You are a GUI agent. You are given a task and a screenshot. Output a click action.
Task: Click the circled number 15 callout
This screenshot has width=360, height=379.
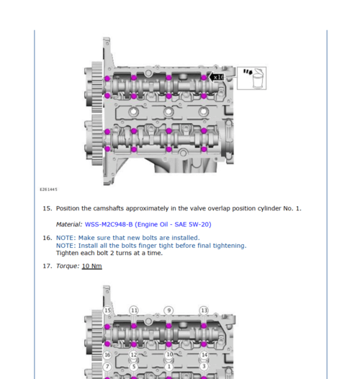[x=107, y=311]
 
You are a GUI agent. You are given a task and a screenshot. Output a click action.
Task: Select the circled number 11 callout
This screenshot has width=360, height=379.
[x=134, y=311]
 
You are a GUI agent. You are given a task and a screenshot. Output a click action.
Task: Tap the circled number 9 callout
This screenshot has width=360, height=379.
[x=168, y=311]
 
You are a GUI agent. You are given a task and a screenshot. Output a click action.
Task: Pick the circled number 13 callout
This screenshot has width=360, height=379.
[x=204, y=311]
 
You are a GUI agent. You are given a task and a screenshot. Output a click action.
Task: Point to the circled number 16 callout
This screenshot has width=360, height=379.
[x=107, y=355]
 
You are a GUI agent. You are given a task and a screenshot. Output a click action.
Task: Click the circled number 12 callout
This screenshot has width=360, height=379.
[x=134, y=355]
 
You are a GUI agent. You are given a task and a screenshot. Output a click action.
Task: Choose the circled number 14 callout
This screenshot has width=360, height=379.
[x=204, y=355]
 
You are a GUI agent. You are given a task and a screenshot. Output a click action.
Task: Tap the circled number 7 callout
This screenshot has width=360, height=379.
[x=107, y=367]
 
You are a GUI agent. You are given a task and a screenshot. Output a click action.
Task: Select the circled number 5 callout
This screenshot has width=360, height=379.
[x=134, y=367]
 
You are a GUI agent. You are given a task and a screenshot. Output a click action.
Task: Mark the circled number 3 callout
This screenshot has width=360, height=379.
[x=204, y=367]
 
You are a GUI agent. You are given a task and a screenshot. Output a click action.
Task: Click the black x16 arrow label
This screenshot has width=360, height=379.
[x=217, y=77]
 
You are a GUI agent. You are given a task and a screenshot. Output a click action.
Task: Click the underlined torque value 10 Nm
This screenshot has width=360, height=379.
[x=92, y=266]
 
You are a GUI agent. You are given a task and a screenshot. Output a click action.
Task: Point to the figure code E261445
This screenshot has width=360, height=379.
[x=48, y=189]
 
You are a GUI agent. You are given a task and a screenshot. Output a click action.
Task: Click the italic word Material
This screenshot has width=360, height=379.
[x=69, y=225]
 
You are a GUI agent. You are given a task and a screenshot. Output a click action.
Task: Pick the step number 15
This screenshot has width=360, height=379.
[x=47, y=208]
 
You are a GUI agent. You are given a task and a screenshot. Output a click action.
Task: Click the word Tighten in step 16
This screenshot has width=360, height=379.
[x=67, y=253]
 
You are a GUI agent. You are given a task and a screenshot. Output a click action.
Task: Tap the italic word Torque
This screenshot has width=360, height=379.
[x=68, y=266]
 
